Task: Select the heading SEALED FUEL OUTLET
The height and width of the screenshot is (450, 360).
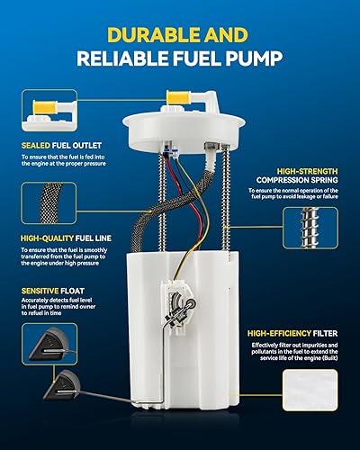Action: (60, 144)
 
